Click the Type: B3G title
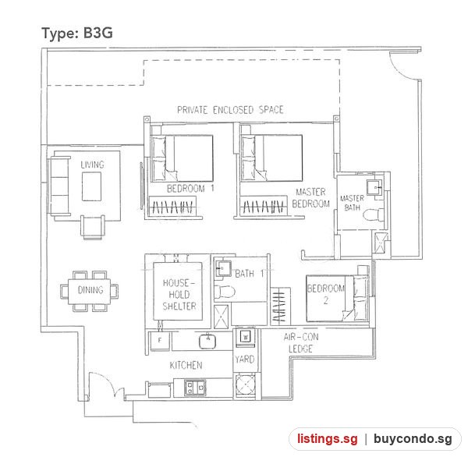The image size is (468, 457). coord(77,33)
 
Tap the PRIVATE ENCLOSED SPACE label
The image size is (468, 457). coord(230,110)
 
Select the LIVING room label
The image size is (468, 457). coord(93,165)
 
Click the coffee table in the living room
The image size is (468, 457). coord(91,186)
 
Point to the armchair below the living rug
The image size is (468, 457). coord(93,226)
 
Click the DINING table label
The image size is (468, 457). coord(90,290)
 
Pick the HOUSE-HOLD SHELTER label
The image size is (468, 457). coord(179,294)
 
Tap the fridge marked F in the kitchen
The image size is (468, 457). coord(159,341)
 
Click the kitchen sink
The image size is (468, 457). coord(207,341)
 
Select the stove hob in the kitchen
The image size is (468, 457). coord(195,388)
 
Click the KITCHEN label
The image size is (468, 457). coord(186,365)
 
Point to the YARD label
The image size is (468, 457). coord(244,359)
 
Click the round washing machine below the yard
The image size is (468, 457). coord(246,384)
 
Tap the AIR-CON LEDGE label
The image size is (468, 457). coord(301,342)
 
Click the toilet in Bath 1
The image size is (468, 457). coord(225,292)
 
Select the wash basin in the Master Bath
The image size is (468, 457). coord(374,187)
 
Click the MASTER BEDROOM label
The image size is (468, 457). coord(311,197)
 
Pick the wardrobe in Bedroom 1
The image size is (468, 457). coord(172,206)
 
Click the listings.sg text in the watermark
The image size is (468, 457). coord(327,438)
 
